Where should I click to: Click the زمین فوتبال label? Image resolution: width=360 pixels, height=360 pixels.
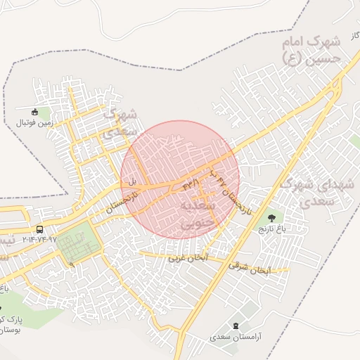35,122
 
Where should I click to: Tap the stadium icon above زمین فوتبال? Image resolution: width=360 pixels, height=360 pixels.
35,111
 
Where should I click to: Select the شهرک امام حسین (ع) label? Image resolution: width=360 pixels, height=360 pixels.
311,51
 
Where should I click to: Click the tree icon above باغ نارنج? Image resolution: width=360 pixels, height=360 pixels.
272,218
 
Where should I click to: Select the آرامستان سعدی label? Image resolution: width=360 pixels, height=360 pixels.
235,337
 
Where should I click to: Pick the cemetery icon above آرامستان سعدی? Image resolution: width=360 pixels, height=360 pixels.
235,326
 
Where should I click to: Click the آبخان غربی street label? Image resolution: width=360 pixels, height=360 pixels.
185,258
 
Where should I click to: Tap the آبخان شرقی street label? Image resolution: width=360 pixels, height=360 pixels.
249,268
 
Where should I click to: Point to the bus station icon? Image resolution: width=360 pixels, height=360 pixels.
39,229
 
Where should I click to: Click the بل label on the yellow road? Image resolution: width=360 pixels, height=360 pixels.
131,181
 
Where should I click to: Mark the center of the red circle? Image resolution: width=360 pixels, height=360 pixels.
180,180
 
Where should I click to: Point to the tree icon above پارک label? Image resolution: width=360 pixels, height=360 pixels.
2,308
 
